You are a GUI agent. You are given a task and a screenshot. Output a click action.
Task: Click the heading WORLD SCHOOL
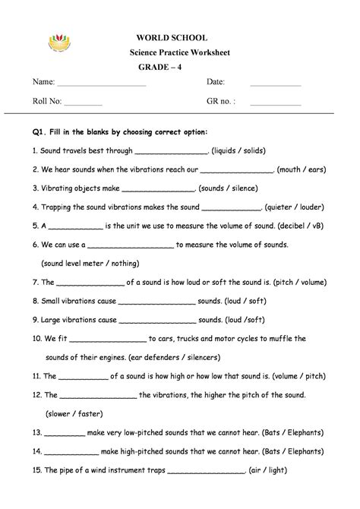(x=172, y=38)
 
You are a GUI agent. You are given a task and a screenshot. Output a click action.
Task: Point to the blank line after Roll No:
(x=83, y=101)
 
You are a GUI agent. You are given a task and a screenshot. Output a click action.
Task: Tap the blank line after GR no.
(x=275, y=101)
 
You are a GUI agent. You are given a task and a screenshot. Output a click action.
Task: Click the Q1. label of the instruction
(x=40, y=131)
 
